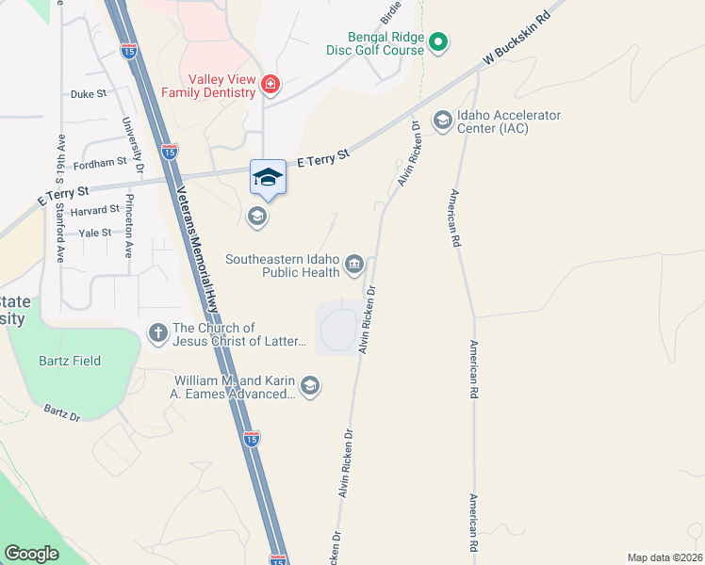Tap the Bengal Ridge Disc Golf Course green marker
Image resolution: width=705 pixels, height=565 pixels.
tap(438, 41)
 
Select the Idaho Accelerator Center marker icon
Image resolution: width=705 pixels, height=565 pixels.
tap(442, 120)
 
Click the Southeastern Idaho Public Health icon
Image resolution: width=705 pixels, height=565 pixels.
tap(354, 264)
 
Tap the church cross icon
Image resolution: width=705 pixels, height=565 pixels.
tap(158, 331)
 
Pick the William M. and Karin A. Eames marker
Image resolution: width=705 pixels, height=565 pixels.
tap(310, 385)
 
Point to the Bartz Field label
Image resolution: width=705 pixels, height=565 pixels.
tap(70, 361)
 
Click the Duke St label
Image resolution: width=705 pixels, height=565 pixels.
tap(89, 94)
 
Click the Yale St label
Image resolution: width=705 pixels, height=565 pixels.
tap(95, 233)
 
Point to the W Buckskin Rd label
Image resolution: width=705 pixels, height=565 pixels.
tap(516, 39)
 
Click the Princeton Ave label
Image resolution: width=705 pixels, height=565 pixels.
tap(127, 227)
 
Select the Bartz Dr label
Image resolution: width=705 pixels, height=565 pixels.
tap(62, 412)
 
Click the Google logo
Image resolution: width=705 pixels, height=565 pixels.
tap(32, 554)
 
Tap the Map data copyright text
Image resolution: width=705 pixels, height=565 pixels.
tap(664, 557)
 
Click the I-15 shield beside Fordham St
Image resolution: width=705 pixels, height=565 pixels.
tap(169, 150)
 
